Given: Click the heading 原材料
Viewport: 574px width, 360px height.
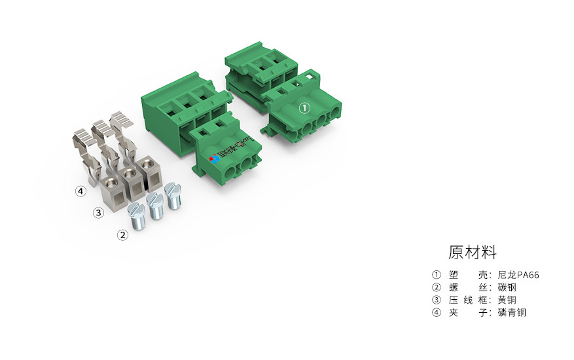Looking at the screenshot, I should (x=473, y=252).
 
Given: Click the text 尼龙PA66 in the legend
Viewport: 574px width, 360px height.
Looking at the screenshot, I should (x=518, y=275).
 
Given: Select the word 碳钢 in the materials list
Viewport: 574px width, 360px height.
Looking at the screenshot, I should (x=507, y=287).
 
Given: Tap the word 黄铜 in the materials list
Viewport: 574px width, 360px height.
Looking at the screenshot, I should (x=507, y=300).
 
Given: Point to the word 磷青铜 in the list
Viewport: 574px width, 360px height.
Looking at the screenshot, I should (x=512, y=312).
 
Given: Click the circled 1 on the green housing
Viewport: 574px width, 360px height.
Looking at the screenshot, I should (x=304, y=108).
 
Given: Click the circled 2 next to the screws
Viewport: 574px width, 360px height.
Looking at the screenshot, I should (x=122, y=235).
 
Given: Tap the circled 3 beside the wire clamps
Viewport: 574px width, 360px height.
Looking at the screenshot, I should (x=98, y=212).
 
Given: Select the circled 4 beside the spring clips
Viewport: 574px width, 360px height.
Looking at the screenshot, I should (x=80, y=191).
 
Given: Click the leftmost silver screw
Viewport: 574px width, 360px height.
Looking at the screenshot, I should (x=137, y=215).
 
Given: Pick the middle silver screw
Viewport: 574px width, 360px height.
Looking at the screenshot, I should (x=155, y=206).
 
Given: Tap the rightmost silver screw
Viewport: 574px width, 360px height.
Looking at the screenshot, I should (x=173, y=195).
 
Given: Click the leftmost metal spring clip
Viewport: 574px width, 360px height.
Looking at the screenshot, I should (x=84, y=147).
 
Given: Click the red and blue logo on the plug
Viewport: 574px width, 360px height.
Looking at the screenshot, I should (x=213, y=158).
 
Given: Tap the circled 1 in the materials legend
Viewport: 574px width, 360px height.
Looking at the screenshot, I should (x=437, y=275).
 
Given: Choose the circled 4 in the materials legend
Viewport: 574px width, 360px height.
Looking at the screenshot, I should (x=437, y=312).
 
